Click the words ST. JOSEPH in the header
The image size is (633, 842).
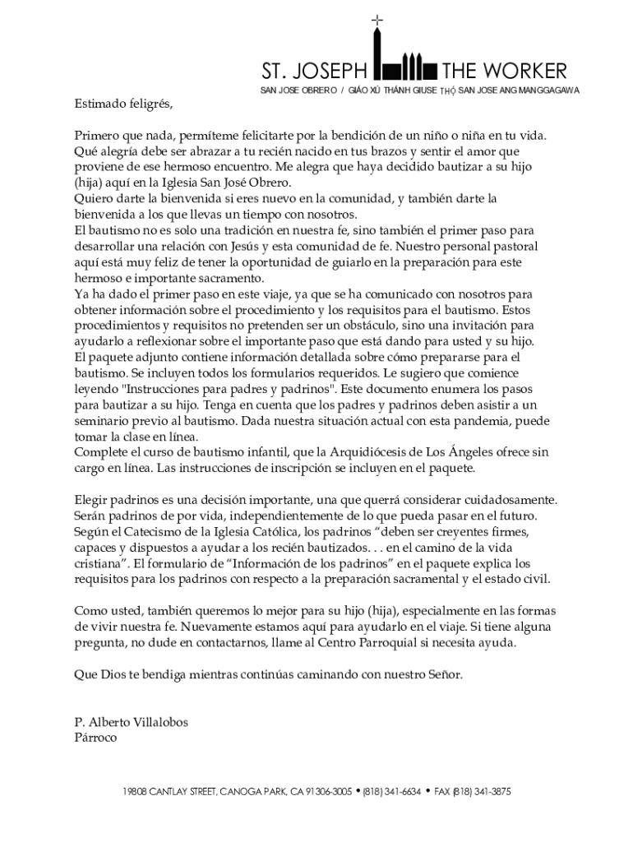[316, 70]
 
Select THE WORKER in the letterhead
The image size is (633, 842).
[504, 70]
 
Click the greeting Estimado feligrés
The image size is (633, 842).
[124, 104]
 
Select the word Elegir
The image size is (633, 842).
[91, 500]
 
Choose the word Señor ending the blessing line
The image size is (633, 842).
[443, 675]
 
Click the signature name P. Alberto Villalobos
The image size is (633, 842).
[131, 722]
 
